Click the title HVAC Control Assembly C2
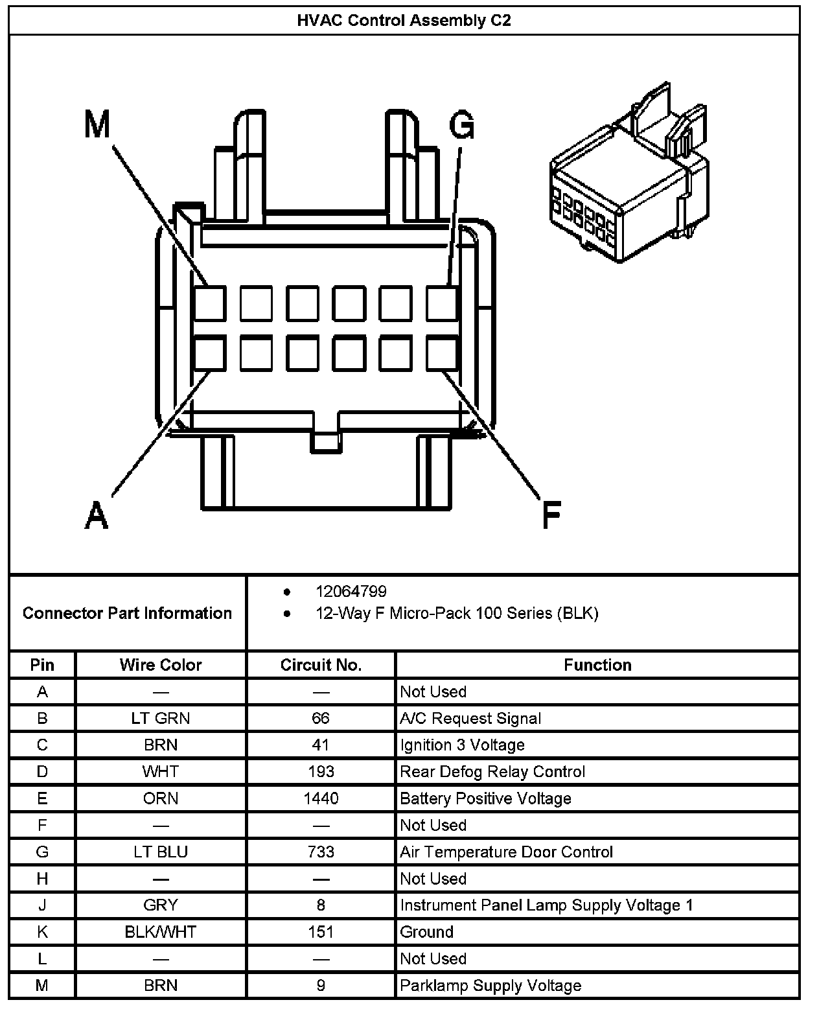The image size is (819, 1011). pyautogui.click(x=404, y=20)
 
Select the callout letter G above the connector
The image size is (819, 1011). pyautogui.click(x=461, y=124)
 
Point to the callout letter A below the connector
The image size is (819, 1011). pyautogui.click(x=97, y=515)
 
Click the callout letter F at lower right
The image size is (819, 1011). pyautogui.click(x=551, y=515)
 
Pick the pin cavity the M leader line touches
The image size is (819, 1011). pyautogui.click(x=210, y=303)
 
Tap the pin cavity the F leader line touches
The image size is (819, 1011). pyautogui.click(x=442, y=354)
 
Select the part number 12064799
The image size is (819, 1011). pyautogui.click(x=351, y=591)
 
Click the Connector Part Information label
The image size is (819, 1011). pyautogui.click(x=127, y=613)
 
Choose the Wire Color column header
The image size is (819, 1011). pyautogui.click(x=161, y=665)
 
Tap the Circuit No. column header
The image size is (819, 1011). pyautogui.click(x=321, y=665)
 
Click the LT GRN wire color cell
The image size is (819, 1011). pyautogui.click(x=161, y=718)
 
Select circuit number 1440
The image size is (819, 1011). pyautogui.click(x=321, y=798)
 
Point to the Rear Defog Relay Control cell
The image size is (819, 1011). pyautogui.click(x=492, y=772)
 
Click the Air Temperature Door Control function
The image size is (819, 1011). pyautogui.click(x=506, y=852)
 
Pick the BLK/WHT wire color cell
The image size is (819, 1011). pyautogui.click(x=161, y=932)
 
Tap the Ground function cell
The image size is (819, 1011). pyautogui.click(x=426, y=932)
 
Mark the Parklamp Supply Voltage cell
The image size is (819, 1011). pyautogui.click(x=490, y=986)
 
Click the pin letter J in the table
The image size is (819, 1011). pyautogui.click(x=42, y=905)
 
